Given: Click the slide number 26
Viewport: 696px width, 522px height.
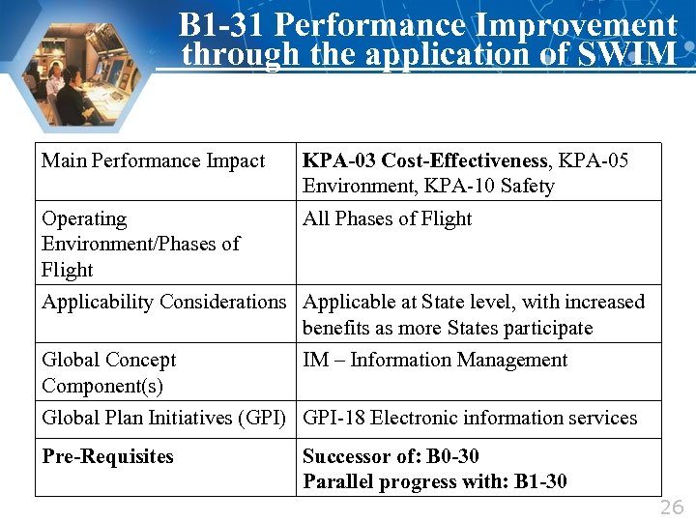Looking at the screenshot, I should coord(672,508).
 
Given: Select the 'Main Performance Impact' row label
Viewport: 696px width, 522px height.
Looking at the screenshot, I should coord(153,160).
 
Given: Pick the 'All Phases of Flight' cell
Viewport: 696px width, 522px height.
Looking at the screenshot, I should coord(387,218).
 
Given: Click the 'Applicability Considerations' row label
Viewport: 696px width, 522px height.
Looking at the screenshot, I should coord(164,302).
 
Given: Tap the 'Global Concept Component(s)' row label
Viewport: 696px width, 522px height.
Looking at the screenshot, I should coord(108,372).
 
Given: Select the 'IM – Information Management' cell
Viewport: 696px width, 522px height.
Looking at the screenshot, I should coord(435,360).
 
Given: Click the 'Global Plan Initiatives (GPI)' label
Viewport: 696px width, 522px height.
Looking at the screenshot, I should coord(164,418).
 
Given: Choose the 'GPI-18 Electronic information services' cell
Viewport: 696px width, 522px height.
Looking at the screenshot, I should coord(470,418).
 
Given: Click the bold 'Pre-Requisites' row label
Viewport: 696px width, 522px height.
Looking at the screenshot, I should coord(107,456).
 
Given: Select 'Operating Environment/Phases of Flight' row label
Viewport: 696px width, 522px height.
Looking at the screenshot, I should coord(140,244).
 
